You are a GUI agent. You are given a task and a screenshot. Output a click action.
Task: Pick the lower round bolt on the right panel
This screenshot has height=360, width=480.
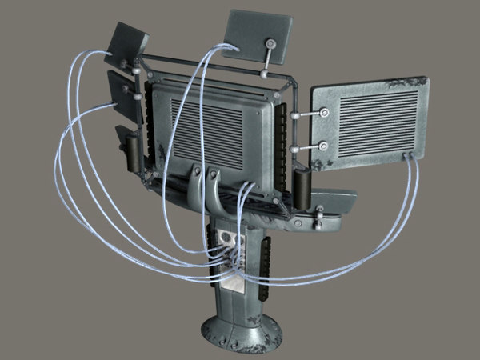pyautogui.click(x=323, y=146)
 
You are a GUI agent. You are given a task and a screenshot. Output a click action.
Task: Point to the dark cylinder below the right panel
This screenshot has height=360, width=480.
pyautogui.click(x=303, y=189)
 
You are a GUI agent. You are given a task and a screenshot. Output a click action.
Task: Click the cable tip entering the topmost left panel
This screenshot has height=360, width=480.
pyautogui.click(x=111, y=54)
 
